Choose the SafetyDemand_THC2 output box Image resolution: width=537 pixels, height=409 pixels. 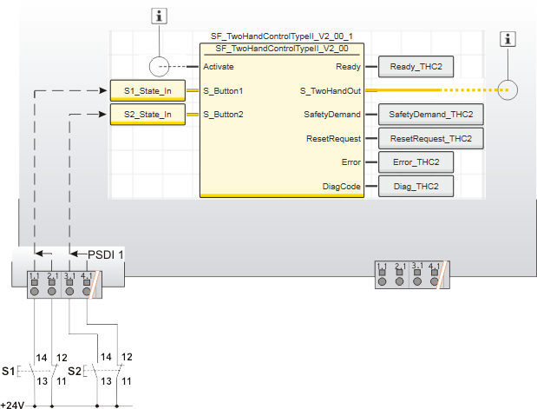click(x=431, y=114)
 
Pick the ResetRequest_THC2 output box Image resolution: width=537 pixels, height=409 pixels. click(x=430, y=138)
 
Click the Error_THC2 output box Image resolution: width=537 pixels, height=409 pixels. click(x=416, y=162)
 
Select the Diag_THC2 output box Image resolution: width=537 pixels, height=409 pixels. click(x=416, y=186)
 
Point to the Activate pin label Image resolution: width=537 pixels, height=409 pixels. click(x=218, y=66)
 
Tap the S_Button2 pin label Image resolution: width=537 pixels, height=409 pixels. click(x=223, y=114)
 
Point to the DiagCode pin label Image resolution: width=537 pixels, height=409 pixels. click(x=343, y=186)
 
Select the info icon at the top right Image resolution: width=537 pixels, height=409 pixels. click(x=510, y=39)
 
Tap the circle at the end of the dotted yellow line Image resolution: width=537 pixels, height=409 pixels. click(x=508, y=89)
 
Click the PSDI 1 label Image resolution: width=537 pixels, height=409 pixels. click(x=106, y=254)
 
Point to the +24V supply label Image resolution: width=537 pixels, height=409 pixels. click(x=13, y=404)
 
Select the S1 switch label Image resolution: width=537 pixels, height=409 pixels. click(x=8, y=371)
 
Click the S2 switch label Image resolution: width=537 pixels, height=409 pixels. click(x=74, y=371)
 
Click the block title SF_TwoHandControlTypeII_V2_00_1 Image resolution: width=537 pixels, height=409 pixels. click(x=282, y=37)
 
